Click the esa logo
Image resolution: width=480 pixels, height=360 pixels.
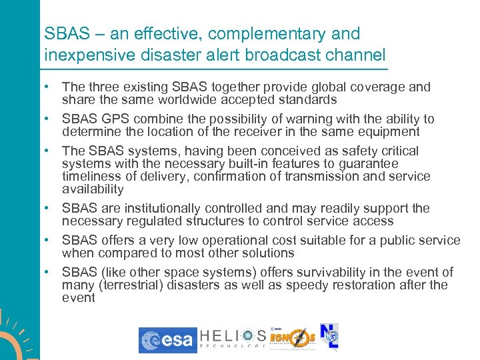point(168,340)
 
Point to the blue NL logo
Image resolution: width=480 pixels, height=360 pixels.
point(329,339)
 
